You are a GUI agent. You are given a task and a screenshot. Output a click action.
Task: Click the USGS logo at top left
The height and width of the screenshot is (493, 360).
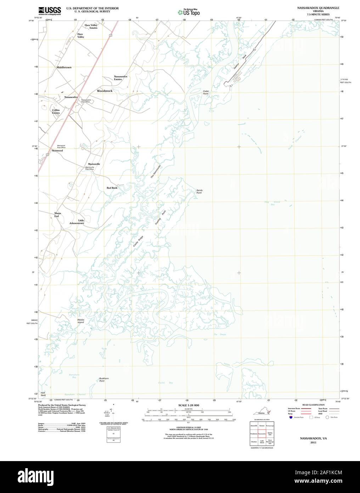point(49,10)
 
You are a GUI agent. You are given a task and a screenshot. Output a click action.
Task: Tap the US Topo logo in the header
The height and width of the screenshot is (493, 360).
point(189,12)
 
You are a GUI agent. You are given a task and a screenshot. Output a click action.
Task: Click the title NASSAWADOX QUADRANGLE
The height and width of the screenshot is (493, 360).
point(313,7)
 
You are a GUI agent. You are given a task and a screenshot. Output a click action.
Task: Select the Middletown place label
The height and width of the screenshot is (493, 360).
point(64,67)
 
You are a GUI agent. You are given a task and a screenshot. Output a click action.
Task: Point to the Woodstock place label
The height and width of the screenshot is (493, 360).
point(105,91)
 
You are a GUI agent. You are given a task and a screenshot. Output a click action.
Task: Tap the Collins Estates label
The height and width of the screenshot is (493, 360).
point(56,111)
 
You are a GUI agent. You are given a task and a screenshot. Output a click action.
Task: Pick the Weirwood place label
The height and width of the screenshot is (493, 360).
point(57,151)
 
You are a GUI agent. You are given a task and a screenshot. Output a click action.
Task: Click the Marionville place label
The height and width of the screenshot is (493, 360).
point(94,164)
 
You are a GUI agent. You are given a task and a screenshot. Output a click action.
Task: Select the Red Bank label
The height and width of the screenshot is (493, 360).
point(112,188)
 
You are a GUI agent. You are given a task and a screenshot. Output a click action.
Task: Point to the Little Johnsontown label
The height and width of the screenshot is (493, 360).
point(77,222)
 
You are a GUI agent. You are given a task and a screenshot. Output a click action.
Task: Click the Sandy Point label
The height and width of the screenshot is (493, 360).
point(199,192)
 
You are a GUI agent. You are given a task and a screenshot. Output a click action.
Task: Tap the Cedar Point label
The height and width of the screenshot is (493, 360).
point(206,92)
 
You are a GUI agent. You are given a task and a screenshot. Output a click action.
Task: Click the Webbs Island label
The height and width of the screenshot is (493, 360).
point(81,321)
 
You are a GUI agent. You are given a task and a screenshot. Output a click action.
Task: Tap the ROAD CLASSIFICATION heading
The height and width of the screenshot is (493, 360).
point(314,405)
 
